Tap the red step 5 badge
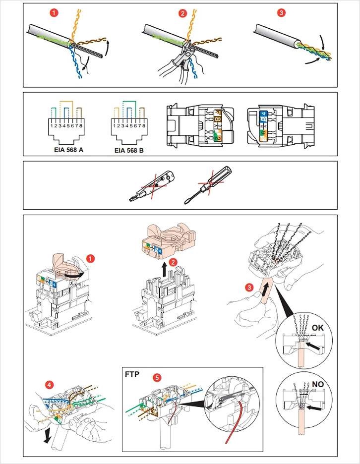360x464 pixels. tap(157, 377)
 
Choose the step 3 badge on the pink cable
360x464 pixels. tap(250, 287)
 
